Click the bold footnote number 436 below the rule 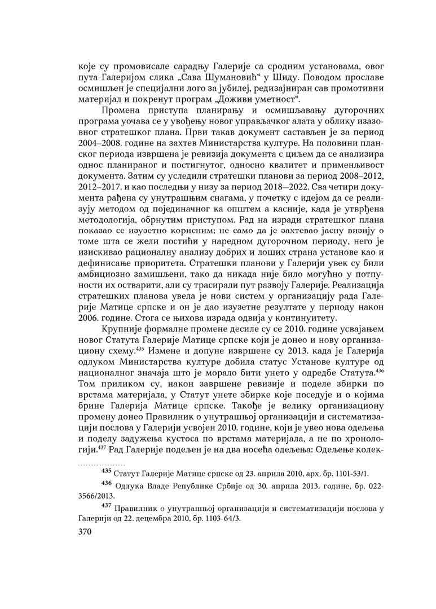105,484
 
